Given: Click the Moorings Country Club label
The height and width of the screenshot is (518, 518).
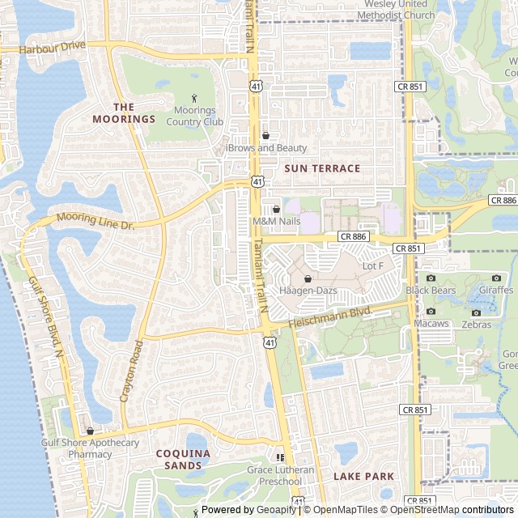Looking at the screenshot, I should [x=194, y=117].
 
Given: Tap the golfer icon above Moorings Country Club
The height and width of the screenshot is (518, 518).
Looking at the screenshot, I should [x=194, y=98].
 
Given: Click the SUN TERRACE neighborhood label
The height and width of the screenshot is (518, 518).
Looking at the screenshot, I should [x=322, y=168].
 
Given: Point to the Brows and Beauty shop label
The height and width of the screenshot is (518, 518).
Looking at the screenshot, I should [x=268, y=148].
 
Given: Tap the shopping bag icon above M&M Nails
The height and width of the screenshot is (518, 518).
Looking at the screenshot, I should [x=276, y=209].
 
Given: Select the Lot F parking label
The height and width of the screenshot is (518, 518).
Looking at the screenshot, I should [x=373, y=265].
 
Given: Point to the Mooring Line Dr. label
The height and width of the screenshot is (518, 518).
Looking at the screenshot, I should [x=96, y=219].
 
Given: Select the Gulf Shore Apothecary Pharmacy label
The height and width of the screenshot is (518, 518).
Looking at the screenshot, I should [x=90, y=448].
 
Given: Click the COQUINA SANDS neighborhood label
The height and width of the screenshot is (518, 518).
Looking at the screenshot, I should [x=183, y=459].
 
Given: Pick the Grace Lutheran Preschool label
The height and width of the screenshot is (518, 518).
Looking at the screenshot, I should [x=281, y=475].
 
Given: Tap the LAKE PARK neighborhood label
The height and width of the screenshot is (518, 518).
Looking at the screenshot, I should [x=363, y=476].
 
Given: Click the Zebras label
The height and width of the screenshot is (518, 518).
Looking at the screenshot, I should [x=477, y=325].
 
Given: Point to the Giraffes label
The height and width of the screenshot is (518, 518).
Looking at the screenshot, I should [x=495, y=290].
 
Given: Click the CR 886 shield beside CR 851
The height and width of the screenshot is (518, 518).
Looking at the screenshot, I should [x=354, y=236].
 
